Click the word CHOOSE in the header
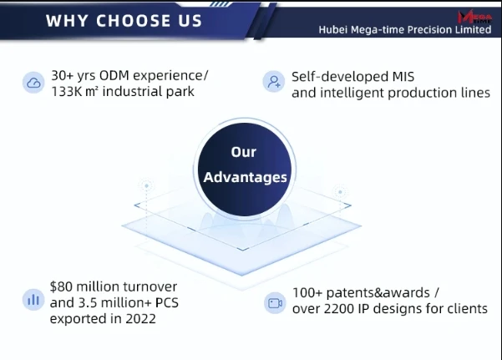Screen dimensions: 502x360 pos(133,21)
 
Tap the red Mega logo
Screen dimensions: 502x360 pos(474,17)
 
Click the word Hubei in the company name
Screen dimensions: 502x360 pos(333,30)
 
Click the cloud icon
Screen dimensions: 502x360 pos(33,83)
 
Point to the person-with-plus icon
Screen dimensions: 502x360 pos(274,81)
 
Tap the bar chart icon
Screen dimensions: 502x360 pos(33,300)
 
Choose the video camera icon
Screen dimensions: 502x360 pos(275,303)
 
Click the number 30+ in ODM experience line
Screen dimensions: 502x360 pos(63,76)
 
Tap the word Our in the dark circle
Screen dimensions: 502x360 pos(244,152)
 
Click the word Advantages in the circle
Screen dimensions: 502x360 pos(246,178)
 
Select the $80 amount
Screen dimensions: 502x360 pos(61,286)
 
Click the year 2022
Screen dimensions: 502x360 pos(140,319)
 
